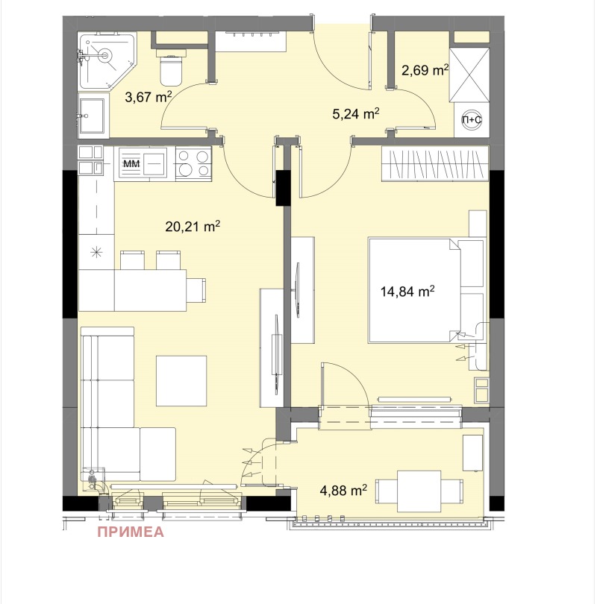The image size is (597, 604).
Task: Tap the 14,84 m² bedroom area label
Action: (407, 292)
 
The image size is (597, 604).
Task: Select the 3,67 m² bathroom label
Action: (149, 97)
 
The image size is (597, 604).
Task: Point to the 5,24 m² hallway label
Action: (355, 113)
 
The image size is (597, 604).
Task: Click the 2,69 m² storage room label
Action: (425, 71)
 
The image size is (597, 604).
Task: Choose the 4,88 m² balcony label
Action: (343, 490)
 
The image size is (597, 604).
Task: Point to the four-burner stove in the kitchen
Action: (193, 163)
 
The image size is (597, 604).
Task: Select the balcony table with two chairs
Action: (419, 491)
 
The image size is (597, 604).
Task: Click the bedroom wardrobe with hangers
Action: (436, 163)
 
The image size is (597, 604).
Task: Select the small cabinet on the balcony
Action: (472, 453)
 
